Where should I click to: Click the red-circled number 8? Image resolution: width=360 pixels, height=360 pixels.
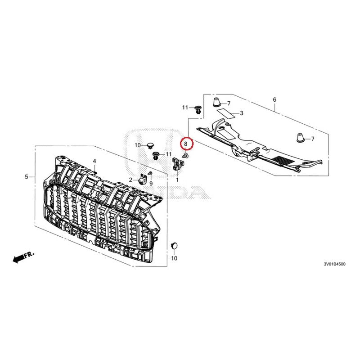click(185, 144)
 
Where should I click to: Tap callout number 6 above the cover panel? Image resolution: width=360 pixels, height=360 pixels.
click(274, 99)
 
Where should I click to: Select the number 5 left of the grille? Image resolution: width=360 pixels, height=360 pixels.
click(27, 177)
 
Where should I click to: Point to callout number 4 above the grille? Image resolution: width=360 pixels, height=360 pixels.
click(94, 161)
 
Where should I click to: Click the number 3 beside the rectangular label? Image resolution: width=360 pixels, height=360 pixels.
click(241, 113)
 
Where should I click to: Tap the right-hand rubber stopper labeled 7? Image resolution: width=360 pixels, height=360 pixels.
click(300, 137)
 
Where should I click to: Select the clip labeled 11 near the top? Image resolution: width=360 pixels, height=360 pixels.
click(198, 108)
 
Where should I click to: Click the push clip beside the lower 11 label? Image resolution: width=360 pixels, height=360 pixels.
click(156, 156)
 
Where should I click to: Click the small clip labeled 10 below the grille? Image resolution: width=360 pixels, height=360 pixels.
click(174, 246)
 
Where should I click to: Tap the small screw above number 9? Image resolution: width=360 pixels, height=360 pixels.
click(151, 174)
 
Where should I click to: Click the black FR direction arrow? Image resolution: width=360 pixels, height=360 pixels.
click(19, 258)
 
